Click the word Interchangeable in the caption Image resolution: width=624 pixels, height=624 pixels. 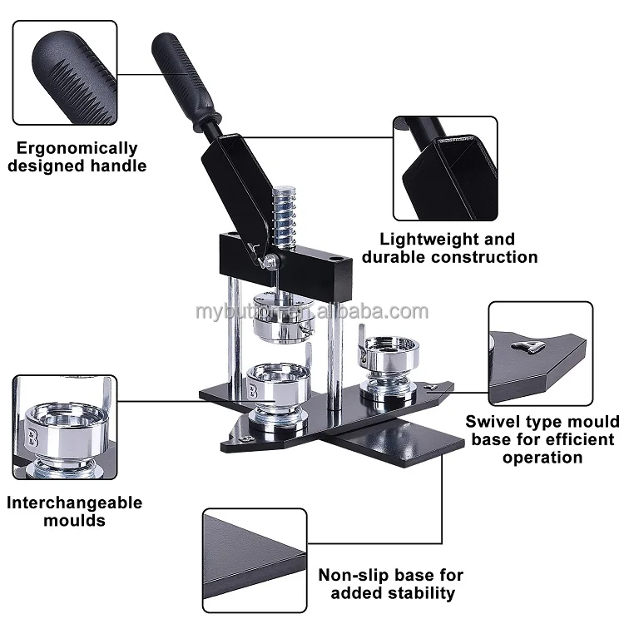tap(74, 503)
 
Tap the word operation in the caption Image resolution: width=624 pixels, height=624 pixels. tap(542, 457)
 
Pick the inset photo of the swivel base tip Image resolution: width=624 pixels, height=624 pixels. tap(540, 354)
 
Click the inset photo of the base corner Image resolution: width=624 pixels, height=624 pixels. tap(255, 557)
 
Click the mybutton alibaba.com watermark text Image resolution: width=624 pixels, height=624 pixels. tap(311, 312)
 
